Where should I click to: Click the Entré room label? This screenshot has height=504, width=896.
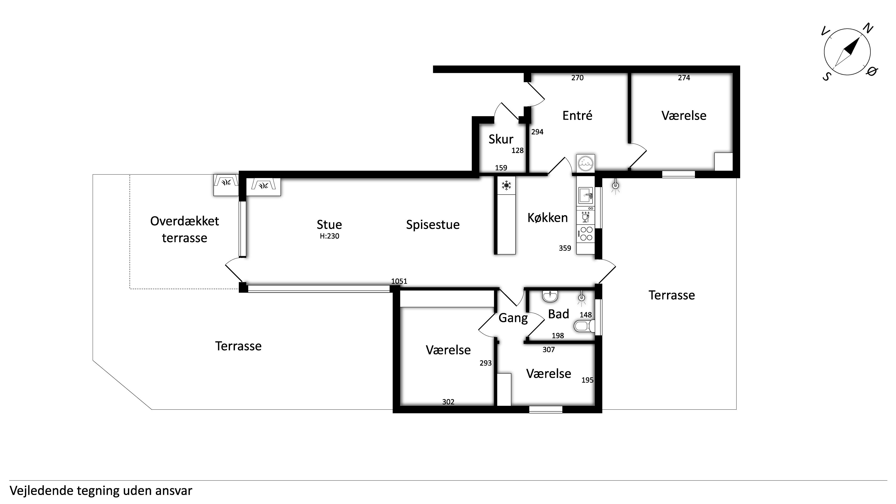(x=577, y=116)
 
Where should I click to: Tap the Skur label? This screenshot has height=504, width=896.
(x=501, y=139)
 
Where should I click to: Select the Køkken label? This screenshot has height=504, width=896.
(x=547, y=218)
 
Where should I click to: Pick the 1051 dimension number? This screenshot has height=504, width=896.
(x=399, y=281)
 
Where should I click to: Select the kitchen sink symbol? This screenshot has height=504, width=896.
(x=585, y=195)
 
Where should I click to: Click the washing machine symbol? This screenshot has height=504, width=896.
(x=585, y=163)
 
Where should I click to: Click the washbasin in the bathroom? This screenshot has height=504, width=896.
(x=550, y=296)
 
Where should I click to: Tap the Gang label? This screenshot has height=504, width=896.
(x=513, y=318)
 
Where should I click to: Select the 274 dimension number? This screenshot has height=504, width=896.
(x=684, y=78)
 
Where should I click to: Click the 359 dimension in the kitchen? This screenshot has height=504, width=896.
(x=565, y=248)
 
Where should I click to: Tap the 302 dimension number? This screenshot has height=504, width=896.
(x=448, y=402)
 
